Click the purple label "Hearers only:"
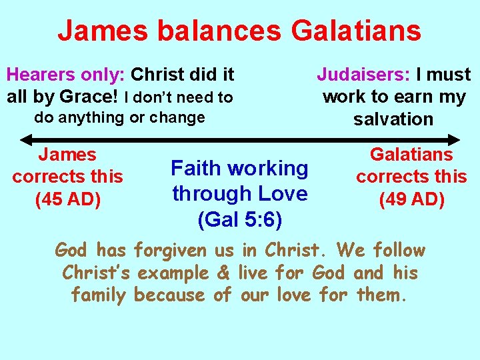pos(66,74)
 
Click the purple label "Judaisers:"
pos(364,74)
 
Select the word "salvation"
pos(393,119)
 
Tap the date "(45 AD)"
pos(67,199)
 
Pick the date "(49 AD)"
pos(411,199)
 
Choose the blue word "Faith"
pos(198,168)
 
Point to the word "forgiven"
pos(170,251)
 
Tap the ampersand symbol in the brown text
pos(223,273)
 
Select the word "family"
pos(98,295)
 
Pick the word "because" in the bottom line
pos(170,295)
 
